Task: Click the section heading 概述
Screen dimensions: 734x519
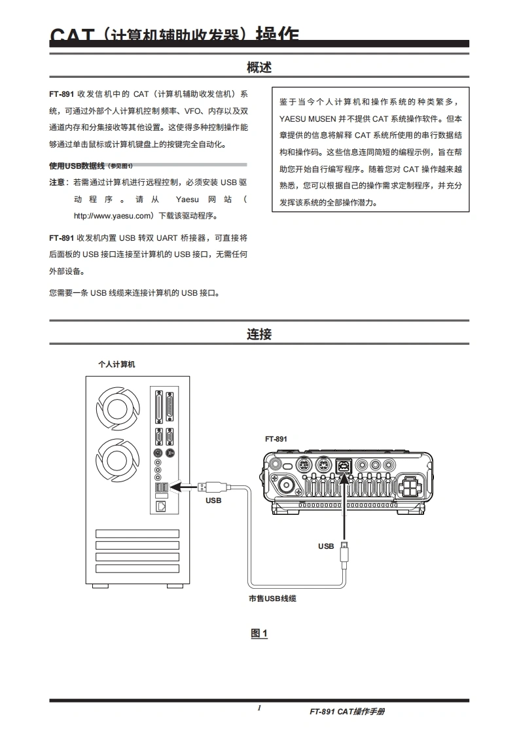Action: pyautogui.click(x=259, y=67)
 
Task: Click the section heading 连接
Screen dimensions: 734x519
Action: pyautogui.click(x=259, y=334)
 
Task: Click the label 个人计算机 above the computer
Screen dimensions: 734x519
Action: pyautogui.click(x=116, y=364)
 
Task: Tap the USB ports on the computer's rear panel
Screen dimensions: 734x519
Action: pyautogui.click(x=162, y=487)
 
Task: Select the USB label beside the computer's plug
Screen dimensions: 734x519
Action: pyautogui.click(x=213, y=500)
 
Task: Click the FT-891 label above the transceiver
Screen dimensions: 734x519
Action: pyautogui.click(x=276, y=439)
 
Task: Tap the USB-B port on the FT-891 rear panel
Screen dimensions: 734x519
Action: pyautogui.click(x=344, y=465)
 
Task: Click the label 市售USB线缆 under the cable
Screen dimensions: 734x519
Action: pyautogui.click(x=272, y=598)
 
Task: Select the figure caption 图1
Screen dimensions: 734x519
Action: pyautogui.click(x=259, y=633)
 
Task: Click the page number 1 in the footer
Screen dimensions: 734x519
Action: pyautogui.click(x=259, y=708)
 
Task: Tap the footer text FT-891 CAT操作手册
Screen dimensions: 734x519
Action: pyautogui.click(x=347, y=712)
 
